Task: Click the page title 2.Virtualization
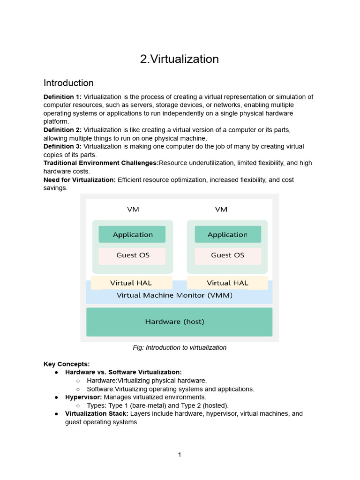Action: click(x=180, y=59)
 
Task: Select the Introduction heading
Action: click(x=68, y=83)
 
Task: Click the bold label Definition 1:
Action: click(x=62, y=97)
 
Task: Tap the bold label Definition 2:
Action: click(x=62, y=130)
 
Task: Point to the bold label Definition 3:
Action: click(x=62, y=147)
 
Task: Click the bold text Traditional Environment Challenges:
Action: click(x=101, y=163)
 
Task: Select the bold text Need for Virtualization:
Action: click(x=80, y=180)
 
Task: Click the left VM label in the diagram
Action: click(x=133, y=209)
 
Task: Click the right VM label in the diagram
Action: click(x=221, y=209)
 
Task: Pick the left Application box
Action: click(x=132, y=234)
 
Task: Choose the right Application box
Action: click(x=227, y=234)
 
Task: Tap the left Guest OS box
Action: click(x=133, y=255)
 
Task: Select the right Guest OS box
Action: click(x=227, y=255)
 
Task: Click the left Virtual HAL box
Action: click(x=132, y=283)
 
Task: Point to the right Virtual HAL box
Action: click(x=227, y=283)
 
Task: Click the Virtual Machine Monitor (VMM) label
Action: click(x=174, y=296)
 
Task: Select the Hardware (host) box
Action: click(x=179, y=322)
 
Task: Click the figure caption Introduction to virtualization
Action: click(x=180, y=348)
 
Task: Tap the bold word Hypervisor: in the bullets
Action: click(x=83, y=397)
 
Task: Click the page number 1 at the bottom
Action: click(x=180, y=455)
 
